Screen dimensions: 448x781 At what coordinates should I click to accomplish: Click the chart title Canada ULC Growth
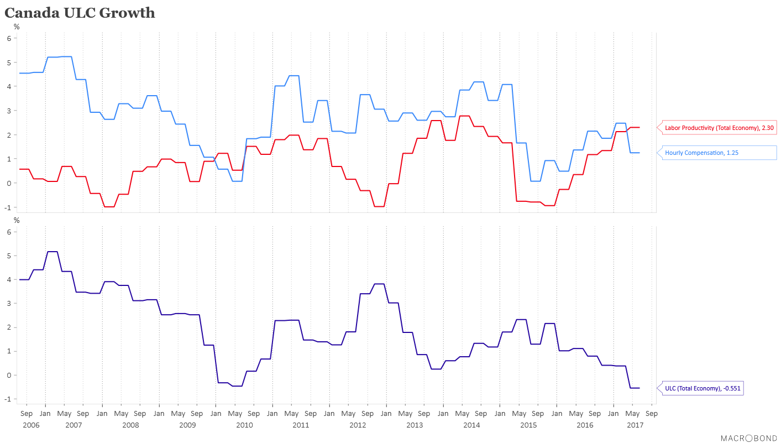tap(80, 13)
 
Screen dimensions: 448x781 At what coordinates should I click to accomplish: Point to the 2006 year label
tap(31, 425)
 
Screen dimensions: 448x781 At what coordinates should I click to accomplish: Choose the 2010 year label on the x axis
tap(244, 425)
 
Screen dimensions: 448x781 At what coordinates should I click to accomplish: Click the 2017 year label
tap(635, 425)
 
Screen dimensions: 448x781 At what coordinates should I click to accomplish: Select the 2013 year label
tap(414, 425)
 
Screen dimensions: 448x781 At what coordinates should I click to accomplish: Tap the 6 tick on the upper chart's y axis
tap(9, 38)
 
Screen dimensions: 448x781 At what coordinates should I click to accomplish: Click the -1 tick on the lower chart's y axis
tap(8, 399)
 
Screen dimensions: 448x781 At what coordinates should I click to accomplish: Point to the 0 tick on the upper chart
tap(9, 183)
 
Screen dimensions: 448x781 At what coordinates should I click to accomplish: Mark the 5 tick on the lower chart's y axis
tap(9, 256)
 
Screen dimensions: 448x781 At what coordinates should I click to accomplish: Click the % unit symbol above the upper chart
tap(17, 27)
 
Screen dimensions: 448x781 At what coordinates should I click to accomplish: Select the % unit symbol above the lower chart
tap(17, 221)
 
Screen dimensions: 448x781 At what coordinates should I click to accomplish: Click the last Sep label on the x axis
tap(651, 414)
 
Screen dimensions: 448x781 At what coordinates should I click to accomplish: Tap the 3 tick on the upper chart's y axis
tap(9, 111)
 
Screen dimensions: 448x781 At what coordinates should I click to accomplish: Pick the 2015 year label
tap(528, 425)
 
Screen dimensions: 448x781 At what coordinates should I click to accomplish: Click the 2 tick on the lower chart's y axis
tap(9, 327)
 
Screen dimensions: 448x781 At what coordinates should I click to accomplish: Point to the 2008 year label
tap(130, 425)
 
